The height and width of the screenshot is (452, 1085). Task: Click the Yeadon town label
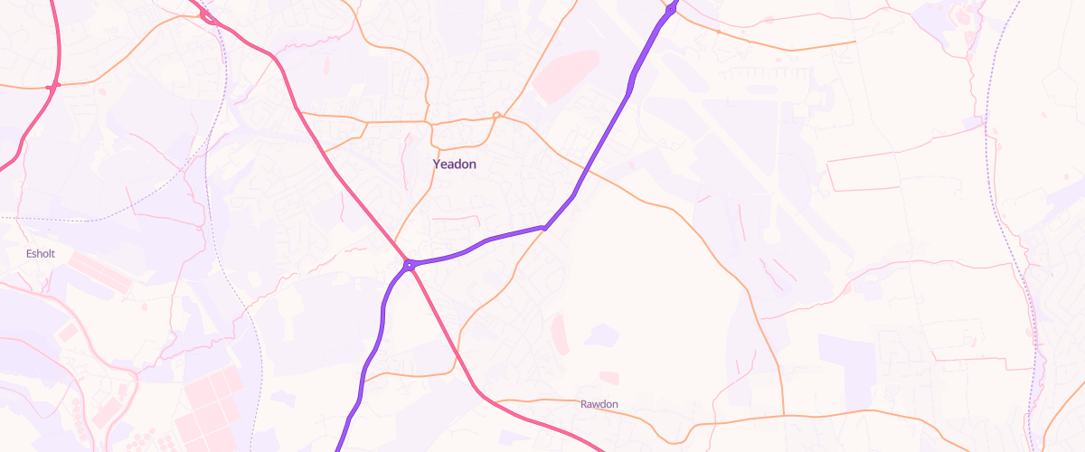coord(454,165)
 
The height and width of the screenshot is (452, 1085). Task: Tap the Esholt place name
coord(40,254)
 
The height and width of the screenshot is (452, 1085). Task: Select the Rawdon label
coord(599,404)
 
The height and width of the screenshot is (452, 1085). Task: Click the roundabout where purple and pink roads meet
coord(410,265)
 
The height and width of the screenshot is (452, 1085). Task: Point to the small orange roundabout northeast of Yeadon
coord(496,115)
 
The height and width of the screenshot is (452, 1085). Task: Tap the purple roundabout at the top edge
coord(671,11)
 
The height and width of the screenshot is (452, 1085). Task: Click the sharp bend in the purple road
coord(544,227)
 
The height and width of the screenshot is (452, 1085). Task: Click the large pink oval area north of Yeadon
coord(566,75)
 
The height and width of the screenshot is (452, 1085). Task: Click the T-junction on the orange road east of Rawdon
coord(783,415)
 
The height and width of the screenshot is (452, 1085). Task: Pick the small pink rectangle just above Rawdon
coord(609,378)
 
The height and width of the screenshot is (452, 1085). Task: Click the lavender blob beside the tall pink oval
coord(599,336)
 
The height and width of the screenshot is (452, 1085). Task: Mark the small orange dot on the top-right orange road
coord(718,32)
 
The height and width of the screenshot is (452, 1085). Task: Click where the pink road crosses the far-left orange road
coord(54,85)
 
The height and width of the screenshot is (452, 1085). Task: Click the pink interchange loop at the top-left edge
coord(208,15)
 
